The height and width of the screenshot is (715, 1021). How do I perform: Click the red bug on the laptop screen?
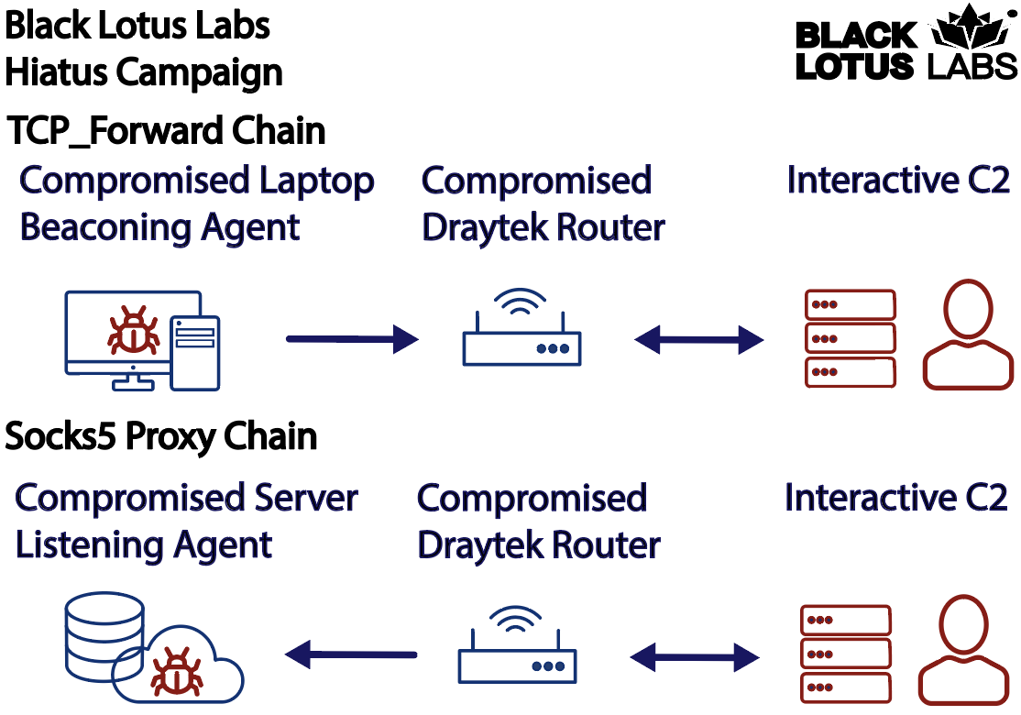pyautogui.click(x=134, y=330)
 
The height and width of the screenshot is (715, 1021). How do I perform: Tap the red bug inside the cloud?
pyautogui.click(x=177, y=671)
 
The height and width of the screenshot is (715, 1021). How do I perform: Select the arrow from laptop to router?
pyautogui.click(x=352, y=339)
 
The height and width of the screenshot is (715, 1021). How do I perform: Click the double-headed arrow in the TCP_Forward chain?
pyautogui.click(x=698, y=339)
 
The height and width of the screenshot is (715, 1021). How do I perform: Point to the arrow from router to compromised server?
pyautogui.click(x=351, y=654)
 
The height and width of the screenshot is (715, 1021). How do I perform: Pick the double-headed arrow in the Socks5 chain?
pyautogui.click(x=695, y=657)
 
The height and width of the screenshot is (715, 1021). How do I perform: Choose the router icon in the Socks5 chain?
pyautogui.click(x=517, y=644)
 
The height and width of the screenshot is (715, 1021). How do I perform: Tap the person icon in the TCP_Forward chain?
pyautogui.click(x=968, y=335)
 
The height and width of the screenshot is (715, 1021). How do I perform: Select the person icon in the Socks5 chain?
pyautogui.click(x=963, y=650)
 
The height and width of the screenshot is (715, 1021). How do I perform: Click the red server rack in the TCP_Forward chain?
pyautogui.click(x=851, y=338)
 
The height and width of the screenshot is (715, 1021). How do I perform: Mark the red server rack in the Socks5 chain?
pyautogui.click(x=846, y=654)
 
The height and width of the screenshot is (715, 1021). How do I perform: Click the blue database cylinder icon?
pyautogui.click(x=104, y=635)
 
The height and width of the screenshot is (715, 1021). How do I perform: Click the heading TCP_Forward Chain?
pyautogui.click(x=166, y=130)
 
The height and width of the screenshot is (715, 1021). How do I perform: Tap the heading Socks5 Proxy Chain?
pyautogui.click(x=160, y=435)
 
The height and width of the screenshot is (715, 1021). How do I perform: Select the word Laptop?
pyautogui.click(x=317, y=181)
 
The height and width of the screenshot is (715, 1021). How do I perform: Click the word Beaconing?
pyautogui.click(x=105, y=227)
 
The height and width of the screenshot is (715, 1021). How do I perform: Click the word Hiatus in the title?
pyautogui.click(x=57, y=71)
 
